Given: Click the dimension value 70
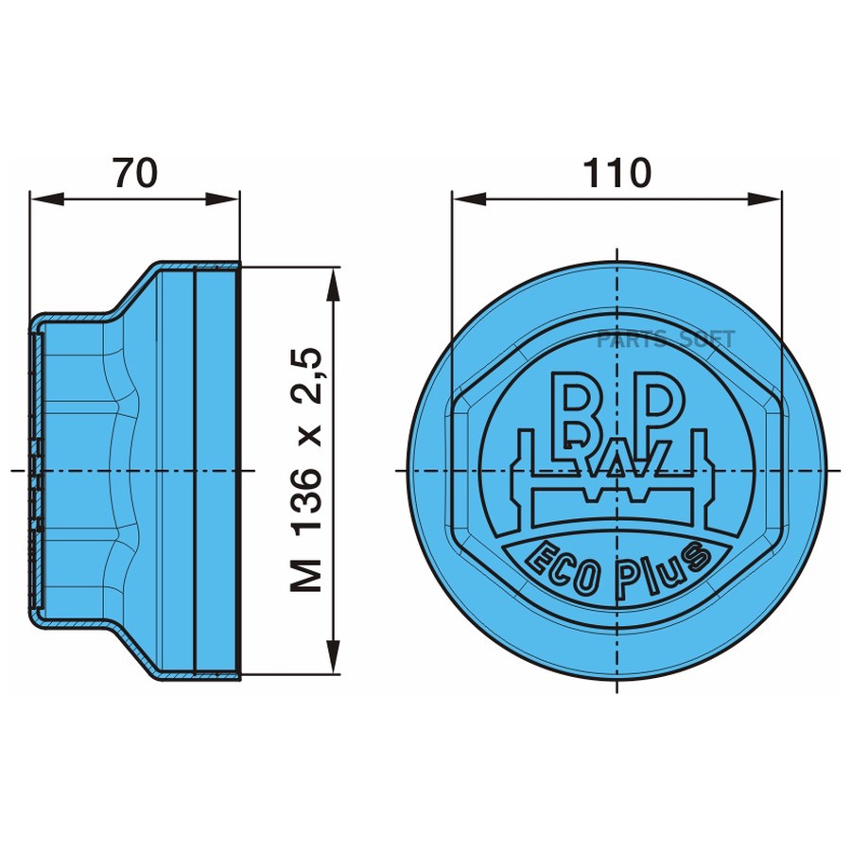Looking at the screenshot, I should (x=134, y=173).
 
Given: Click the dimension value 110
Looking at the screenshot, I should (x=617, y=173).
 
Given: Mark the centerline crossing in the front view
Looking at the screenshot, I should (x=617, y=470).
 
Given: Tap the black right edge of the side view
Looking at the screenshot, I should (x=238, y=470).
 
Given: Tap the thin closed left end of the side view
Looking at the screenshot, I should (x=33, y=470).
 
